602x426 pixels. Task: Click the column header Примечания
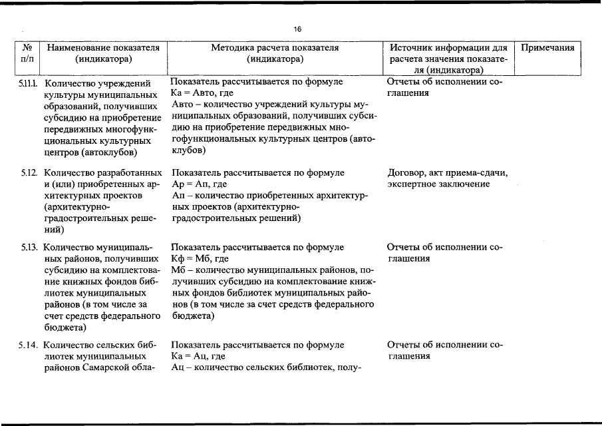(x=547, y=48)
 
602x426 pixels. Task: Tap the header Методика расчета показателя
(x=275, y=48)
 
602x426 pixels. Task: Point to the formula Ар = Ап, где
(x=200, y=184)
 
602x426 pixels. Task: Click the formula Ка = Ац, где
(x=198, y=356)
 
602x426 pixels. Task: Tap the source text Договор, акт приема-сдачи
(x=448, y=173)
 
